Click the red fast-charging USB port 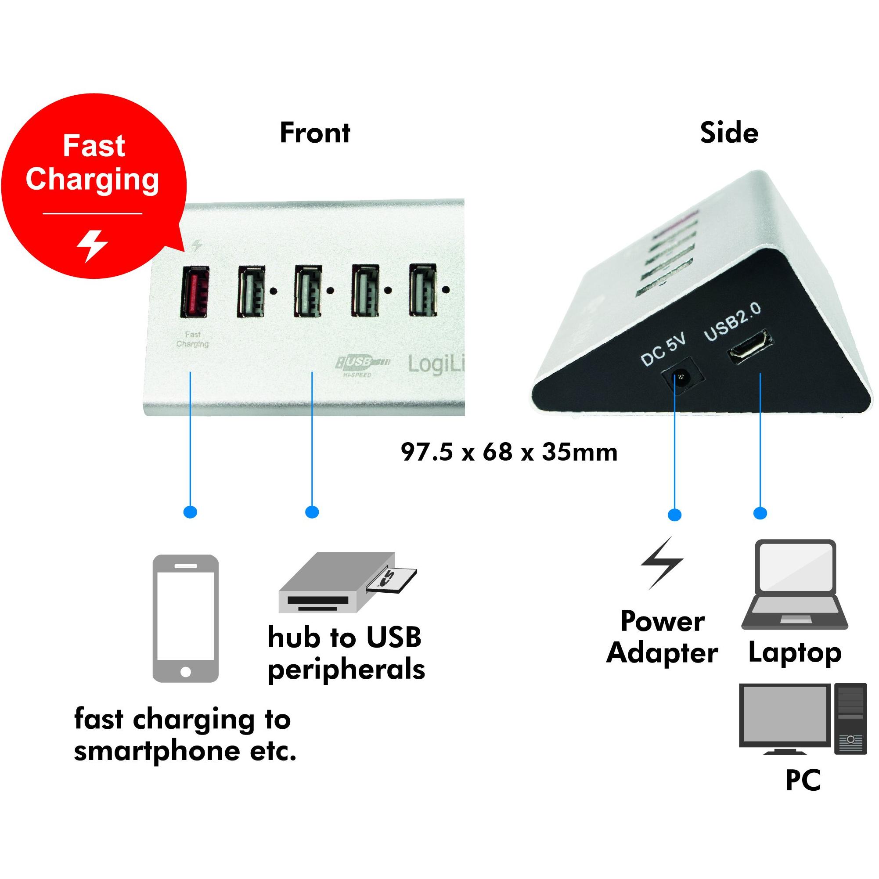(x=195, y=292)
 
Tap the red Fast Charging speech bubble (x=94, y=186)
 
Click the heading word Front (x=315, y=133)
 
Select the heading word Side (x=729, y=133)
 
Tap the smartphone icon (x=186, y=619)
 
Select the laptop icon (x=795, y=585)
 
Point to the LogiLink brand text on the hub (x=436, y=364)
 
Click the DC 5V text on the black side (x=663, y=349)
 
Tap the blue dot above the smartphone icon (x=190, y=512)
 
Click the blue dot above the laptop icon (x=760, y=513)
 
